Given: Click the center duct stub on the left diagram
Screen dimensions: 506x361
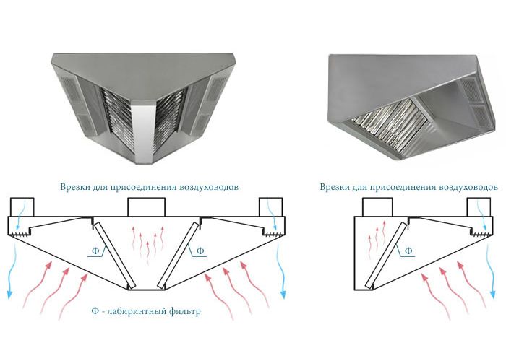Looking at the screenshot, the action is [x=147, y=207].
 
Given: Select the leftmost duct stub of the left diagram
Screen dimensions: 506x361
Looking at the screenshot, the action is [x=22, y=207].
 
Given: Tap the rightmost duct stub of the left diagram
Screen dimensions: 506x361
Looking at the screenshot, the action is [x=271, y=207].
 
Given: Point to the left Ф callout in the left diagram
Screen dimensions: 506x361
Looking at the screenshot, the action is [x=95, y=251].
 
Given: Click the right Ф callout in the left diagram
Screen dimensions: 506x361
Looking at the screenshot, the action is [x=200, y=251].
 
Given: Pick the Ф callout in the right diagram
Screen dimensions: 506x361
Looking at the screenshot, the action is [x=408, y=251].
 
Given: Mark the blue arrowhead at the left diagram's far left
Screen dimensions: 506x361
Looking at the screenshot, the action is [x=9, y=294].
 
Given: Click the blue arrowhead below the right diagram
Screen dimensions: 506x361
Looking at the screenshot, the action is [x=493, y=294].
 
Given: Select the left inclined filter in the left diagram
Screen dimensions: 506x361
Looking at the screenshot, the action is [x=114, y=256].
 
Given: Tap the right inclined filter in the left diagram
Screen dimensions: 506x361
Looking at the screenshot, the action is [x=179, y=256].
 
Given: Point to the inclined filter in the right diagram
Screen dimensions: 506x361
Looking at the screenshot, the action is [x=386, y=254].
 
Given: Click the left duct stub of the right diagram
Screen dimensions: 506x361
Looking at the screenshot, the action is [x=377, y=207].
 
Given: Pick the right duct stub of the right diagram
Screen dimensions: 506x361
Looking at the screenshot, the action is [x=479, y=207].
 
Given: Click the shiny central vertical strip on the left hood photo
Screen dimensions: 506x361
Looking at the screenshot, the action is [x=142, y=133].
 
